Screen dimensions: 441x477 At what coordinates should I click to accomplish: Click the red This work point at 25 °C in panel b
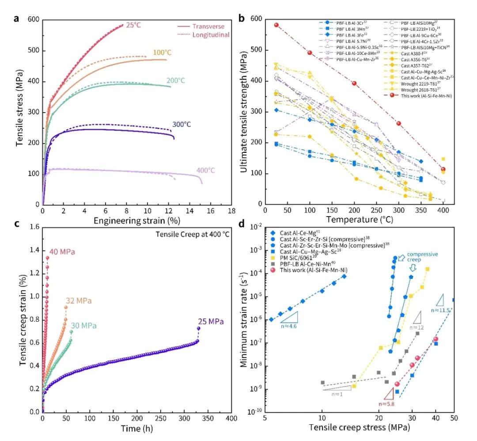(x=276, y=25)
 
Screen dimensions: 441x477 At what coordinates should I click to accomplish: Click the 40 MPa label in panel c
(x=62, y=252)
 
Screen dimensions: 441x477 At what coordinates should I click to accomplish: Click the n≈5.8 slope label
(x=387, y=403)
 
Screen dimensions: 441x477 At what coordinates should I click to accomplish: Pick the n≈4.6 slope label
(x=289, y=326)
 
